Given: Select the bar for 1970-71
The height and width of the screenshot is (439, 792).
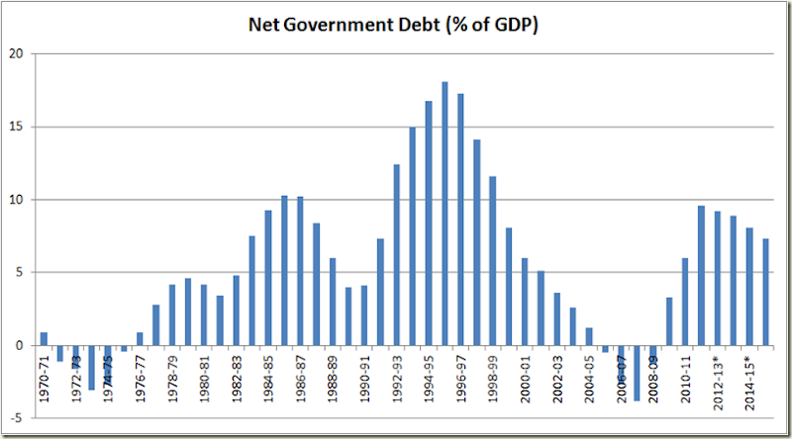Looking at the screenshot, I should pos(44,338).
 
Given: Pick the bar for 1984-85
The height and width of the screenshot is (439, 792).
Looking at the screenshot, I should pos(268,277).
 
